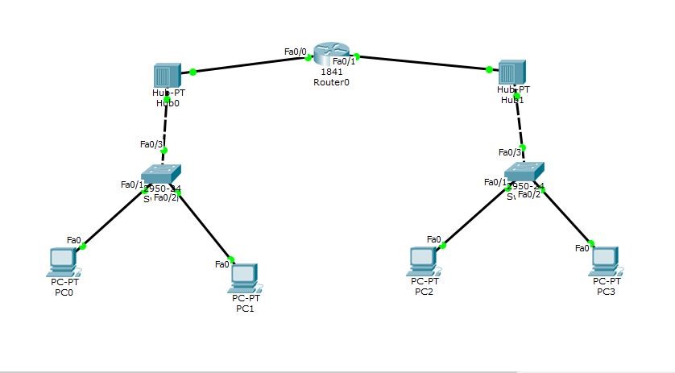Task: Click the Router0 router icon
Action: (329, 54)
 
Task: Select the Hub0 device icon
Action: (165, 77)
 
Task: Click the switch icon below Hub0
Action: (160, 172)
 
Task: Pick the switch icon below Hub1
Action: (524, 171)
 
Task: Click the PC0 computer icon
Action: (63, 260)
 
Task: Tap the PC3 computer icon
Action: (605, 260)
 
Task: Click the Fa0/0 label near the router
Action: (296, 52)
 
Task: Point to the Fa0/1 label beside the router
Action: (344, 61)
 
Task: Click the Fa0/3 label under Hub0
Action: (151, 144)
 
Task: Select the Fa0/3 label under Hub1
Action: (510, 152)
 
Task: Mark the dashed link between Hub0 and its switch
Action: (165, 125)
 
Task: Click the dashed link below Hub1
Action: (520, 122)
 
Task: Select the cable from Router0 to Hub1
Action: (423, 63)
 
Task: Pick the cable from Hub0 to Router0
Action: (250, 64)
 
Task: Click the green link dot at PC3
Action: (591, 243)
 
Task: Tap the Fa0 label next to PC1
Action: (222, 263)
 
